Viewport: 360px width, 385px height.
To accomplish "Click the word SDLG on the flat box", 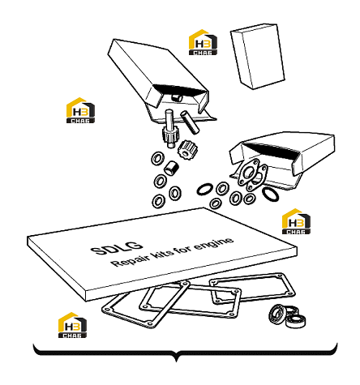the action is [117, 248].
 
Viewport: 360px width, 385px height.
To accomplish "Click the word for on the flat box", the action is [185, 249].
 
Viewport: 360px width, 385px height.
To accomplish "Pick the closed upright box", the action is [258, 56].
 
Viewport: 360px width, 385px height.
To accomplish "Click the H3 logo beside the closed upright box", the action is [203, 42].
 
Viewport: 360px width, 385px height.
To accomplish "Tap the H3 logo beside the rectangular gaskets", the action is [72, 325].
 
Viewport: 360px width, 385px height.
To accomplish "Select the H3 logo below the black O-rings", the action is [296, 221].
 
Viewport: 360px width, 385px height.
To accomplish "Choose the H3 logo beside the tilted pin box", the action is [80, 110].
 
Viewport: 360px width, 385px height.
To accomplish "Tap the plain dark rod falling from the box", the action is [190, 122].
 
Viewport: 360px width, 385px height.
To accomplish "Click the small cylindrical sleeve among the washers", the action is [171, 168].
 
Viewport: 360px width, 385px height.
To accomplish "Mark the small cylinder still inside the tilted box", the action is [177, 98].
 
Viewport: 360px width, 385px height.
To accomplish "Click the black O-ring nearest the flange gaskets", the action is [270, 194].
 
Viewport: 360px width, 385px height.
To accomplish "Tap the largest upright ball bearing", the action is [277, 314].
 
